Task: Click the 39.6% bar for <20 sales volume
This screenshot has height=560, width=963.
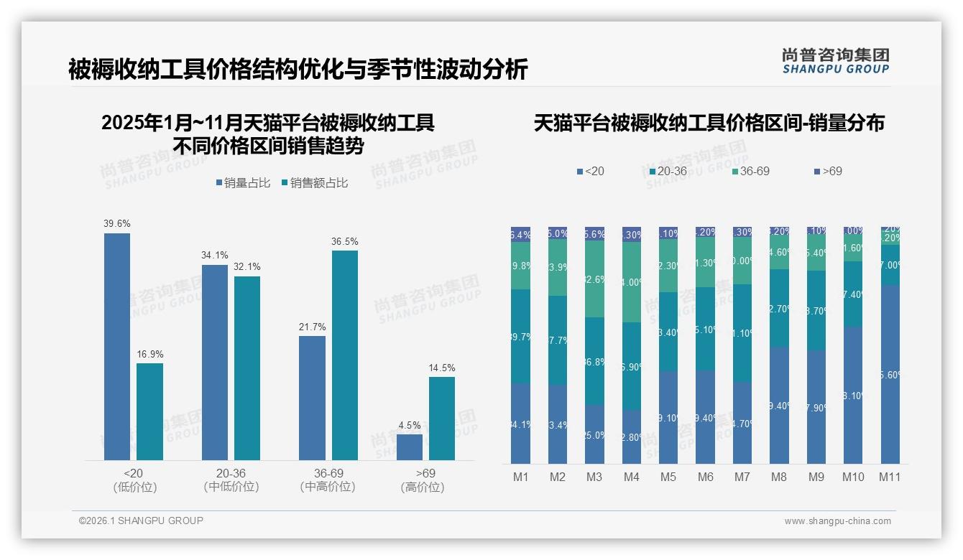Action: click(117, 347)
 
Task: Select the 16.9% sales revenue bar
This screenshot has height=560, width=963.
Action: click(149, 411)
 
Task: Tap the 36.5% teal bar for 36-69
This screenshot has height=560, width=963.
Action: click(344, 355)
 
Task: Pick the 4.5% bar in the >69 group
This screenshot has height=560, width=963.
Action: click(410, 447)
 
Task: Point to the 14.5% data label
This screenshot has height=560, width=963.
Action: click(442, 368)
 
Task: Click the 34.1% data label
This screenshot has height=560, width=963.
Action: click(215, 255)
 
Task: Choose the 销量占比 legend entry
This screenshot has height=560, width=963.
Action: click(243, 183)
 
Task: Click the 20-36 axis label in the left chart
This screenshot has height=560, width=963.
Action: click(231, 474)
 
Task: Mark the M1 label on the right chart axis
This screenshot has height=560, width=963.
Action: click(520, 477)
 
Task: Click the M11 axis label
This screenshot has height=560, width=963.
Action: click(890, 477)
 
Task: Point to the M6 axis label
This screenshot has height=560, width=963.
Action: click(705, 477)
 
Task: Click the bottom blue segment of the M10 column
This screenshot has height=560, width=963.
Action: click(853, 396)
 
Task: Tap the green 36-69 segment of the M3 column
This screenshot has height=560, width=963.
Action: click(594, 279)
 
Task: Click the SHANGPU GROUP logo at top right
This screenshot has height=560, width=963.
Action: click(836, 61)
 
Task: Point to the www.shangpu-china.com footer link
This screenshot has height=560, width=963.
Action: click(837, 521)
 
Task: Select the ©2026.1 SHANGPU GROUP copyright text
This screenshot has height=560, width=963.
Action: click(141, 521)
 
